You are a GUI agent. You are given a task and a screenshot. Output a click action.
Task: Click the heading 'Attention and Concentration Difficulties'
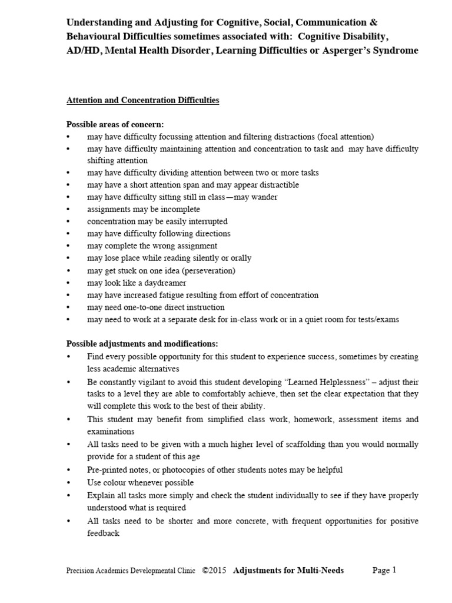(x=142, y=101)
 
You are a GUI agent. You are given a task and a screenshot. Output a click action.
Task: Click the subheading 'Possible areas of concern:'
(x=115, y=125)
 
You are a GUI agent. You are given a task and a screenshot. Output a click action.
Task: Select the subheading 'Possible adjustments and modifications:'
(x=142, y=343)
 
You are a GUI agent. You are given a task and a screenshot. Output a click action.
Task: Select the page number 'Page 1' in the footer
(x=385, y=570)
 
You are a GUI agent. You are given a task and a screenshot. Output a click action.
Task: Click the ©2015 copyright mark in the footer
(x=214, y=570)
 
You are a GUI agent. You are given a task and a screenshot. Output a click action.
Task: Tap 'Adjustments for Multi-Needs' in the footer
(x=288, y=570)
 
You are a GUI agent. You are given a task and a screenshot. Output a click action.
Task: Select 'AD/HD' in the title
(x=82, y=51)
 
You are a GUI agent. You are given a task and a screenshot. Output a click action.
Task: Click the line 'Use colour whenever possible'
(x=140, y=482)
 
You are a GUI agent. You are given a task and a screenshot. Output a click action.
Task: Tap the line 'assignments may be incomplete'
(x=144, y=209)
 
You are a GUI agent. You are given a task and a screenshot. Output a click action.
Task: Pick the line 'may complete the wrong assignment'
(x=152, y=246)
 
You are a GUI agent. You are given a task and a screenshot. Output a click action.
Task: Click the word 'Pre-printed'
(x=108, y=470)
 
